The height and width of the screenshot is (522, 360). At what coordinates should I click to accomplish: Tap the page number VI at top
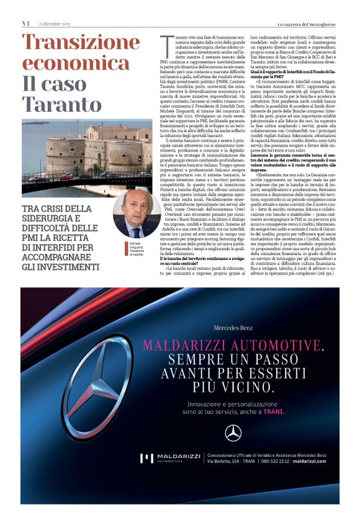(26, 24)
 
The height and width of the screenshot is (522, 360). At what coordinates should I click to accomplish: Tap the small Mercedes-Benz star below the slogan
(233, 433)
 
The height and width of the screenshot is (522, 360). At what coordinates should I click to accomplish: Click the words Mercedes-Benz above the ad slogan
(233, 327)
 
